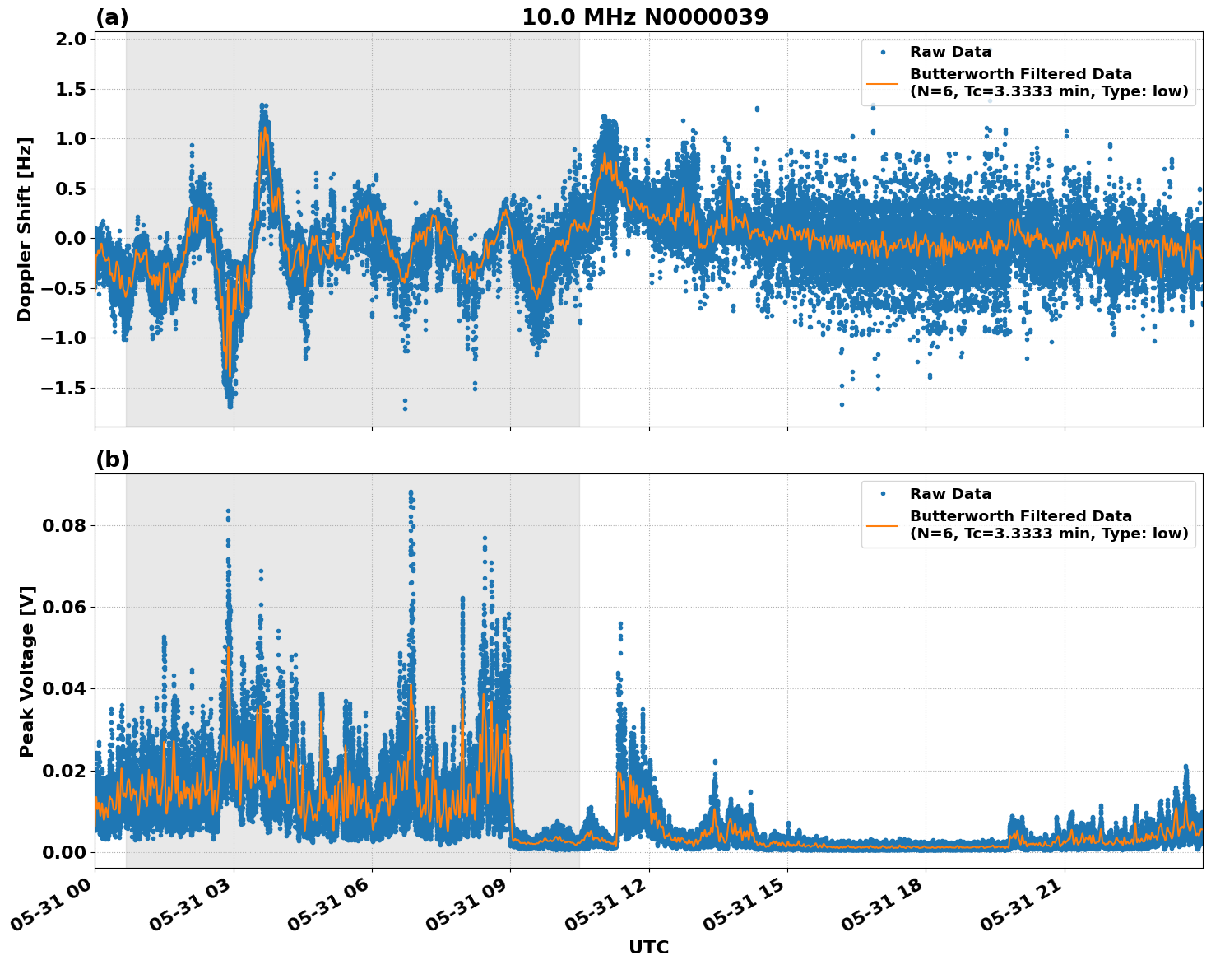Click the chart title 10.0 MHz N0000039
click(645, 17)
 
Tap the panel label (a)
click(112, 17)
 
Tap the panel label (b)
click(112, 459)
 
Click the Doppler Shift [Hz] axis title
click(25, 229)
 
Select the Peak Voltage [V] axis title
click(27, 671)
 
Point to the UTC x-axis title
click(648, 947)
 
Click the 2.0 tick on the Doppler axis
click(69, 40)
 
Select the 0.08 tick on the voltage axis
click(64, 525)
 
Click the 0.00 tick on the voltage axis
click(64, 852)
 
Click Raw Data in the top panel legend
click(950, 52)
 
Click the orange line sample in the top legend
click(883, 82)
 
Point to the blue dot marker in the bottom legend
click(883, 494)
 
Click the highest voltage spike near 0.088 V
click(411, 493)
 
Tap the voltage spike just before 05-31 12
click(620, 625)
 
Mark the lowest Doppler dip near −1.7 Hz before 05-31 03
click(230, 405)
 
